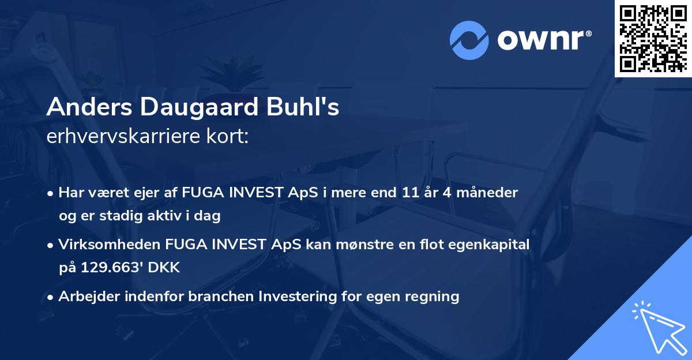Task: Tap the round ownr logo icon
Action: [469, 40]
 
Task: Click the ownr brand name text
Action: [543, 40]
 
